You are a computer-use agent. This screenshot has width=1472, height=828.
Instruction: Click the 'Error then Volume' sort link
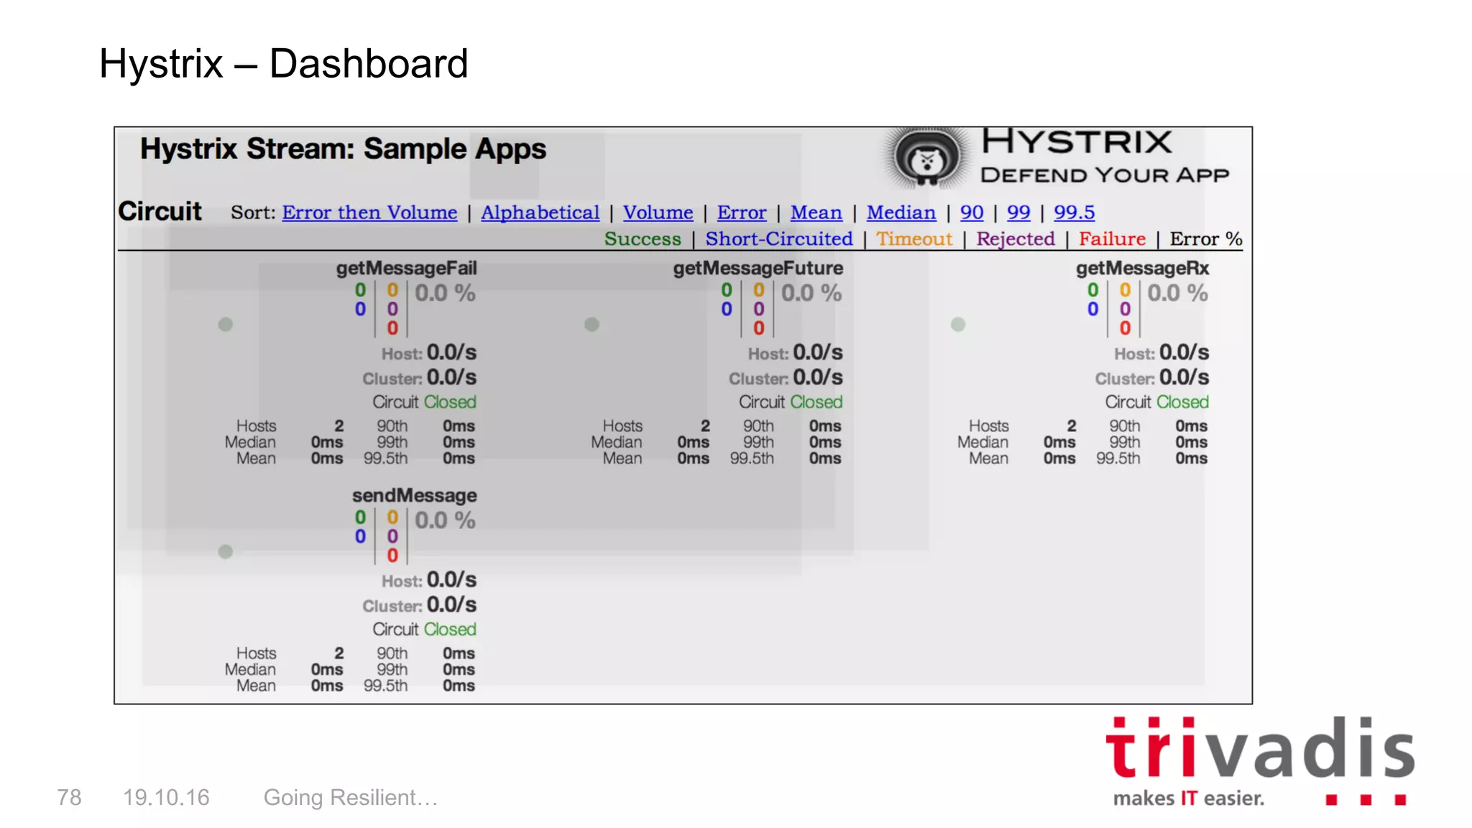pos(369,213)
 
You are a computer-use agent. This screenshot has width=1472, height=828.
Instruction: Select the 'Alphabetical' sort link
pos(540,213)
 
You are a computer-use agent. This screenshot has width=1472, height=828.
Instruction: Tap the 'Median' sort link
pos(901,213)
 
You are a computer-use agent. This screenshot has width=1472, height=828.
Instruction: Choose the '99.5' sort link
pos(1074,213)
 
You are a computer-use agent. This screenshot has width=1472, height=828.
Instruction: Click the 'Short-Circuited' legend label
pos(778,239)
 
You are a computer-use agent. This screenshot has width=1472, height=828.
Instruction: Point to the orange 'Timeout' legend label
pos(914,239)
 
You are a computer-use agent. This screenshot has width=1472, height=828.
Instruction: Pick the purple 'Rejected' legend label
pos(1015,239)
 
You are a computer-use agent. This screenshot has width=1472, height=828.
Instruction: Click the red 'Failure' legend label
pos(1112,239)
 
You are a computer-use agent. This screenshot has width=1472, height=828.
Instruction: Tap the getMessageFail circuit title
pos(406,268)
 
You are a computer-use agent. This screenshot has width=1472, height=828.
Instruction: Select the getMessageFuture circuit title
pos(758,268)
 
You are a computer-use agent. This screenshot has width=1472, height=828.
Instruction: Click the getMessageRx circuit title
pos(1142,268)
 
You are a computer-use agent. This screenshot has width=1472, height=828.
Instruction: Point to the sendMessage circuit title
pos(414,495)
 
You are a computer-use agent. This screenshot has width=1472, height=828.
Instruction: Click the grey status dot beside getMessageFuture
pos(592,324)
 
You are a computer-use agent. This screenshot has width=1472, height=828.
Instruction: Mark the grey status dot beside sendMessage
pos(226,551)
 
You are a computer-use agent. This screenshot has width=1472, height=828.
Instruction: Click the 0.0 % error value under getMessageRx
pos(1177,293)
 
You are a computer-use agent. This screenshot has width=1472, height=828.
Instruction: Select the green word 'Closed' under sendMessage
pos(450,629)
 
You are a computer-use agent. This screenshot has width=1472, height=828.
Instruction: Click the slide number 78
pos(69,797)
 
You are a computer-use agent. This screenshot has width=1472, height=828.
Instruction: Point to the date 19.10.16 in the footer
pos(166,797)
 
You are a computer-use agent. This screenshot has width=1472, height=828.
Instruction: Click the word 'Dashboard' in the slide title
pos(368,63)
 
